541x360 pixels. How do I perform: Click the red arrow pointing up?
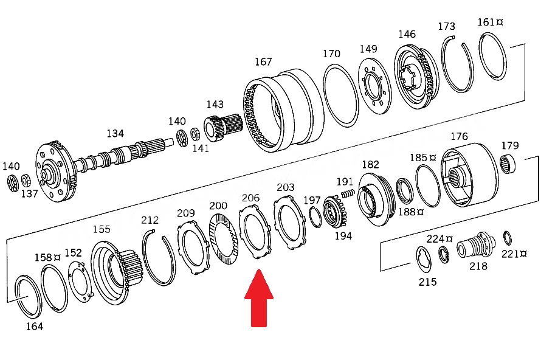point(259,298)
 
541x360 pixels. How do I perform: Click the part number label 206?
point(250,198)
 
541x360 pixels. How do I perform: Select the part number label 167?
point(263,62)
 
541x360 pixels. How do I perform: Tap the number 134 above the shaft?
point(115,133)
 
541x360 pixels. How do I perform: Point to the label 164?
point(35,326)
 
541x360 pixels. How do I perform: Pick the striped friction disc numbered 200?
point(224,239)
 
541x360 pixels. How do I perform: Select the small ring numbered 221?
point(507,238)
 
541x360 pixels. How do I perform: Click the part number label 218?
point(478,266)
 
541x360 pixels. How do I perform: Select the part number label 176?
point(459,136)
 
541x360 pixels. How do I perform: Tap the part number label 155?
point(102,229)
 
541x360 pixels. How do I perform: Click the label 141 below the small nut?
point(201,148)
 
